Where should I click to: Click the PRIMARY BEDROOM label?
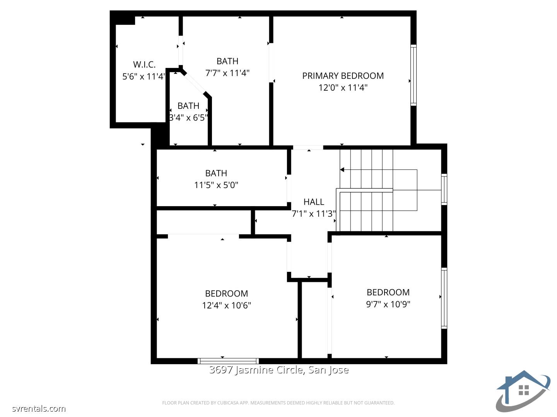pyautogui.click(x=343, y=76)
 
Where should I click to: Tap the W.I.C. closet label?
pyautogui.click(x=144, y=64)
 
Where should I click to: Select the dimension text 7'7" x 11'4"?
pyautogui.click(x=227, y=73)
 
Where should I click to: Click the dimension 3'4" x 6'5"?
pyautogui.click(x=188, y=117)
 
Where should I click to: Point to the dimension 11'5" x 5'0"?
pyautogui.click(x=216, y=185)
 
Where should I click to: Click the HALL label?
pyautogui.click(x=314, y=202)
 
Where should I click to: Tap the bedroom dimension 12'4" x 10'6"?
pyautogui.click(x=226, y=305)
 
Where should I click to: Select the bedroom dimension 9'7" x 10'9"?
pyautogui.click(x=388, y=304)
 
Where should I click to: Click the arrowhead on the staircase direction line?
pyautogui.click(x=342, y=170)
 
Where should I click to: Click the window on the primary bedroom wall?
pyautogui.click(x=413, y=75)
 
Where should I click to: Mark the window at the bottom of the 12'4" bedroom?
pyautogui.click(x=228, y=361)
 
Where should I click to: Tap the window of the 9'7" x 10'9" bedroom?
pyautogui.click(x=444, y=298)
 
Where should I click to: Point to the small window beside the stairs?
pyautogui.click(x=444, y=189)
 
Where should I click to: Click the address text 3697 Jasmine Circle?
pyautogui.click(x=278, y=370)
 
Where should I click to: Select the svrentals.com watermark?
pyautogui.click(x=39, y=409)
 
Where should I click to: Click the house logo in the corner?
pyautogui.click(x=523, y=391)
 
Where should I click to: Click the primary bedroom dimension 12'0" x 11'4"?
pyautogui.click(x=343, y=88)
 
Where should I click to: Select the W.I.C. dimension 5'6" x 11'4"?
pyautogui.click(x=144, y=76)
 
